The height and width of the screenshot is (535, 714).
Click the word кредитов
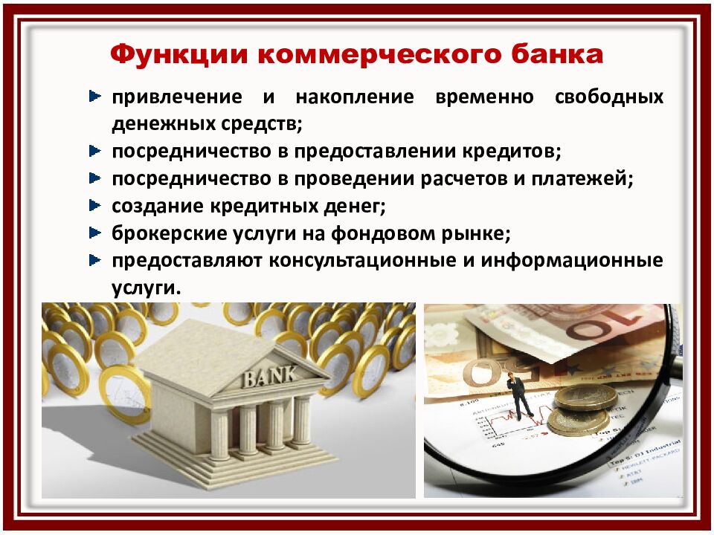pos(515,152)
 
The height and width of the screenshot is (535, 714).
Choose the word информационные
pos(572,262)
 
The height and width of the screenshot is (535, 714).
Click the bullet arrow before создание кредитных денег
pos(94,205)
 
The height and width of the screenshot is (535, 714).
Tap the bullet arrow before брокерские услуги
pos(94,233)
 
